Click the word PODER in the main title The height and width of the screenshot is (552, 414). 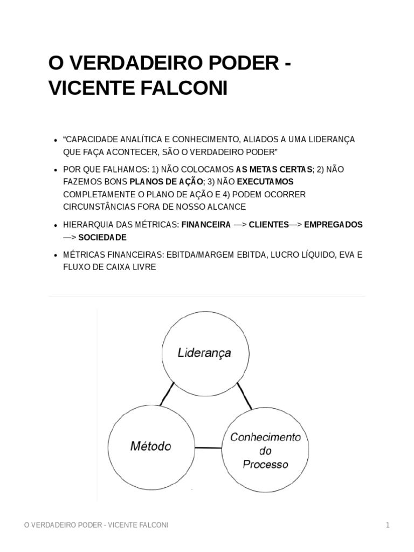tap(245, 64)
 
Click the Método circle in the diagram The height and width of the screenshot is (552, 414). tap(150, 446)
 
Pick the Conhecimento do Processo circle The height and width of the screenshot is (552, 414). tap(265, 450)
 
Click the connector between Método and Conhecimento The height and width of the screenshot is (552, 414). tap(208, 447)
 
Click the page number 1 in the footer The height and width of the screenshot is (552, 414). tap(387, 525)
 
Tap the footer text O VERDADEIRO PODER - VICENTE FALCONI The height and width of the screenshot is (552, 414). tap(96, 525)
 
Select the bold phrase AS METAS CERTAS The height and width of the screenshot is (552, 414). tap(274, 169)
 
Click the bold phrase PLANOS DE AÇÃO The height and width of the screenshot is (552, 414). tap(167, 182)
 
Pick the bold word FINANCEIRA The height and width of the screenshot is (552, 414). tap(206, 225)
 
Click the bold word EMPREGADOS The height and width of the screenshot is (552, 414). tap(333, 225)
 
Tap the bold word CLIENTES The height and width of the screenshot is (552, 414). tap(268, 225)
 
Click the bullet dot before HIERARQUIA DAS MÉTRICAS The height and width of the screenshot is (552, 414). tap(56, 225)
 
